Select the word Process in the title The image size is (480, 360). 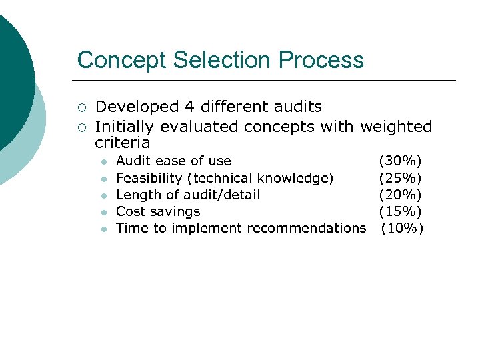click(321, 60)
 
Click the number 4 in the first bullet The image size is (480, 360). click(190, 107)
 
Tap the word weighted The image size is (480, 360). click(396, 127)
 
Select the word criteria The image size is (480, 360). click(123, 143)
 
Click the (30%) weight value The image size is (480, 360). click(400, 161)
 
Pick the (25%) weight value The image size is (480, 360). click(400, 178)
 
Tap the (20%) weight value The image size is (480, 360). click(400, 195)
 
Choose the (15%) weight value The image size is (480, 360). click(400, 211)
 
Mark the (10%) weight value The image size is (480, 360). click(402, 228)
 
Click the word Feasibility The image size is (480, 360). click(149, 178)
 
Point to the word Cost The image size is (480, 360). click(130, 211)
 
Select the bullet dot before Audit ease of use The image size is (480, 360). click(103, 162)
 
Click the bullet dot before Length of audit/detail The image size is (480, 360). click(103, 195)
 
